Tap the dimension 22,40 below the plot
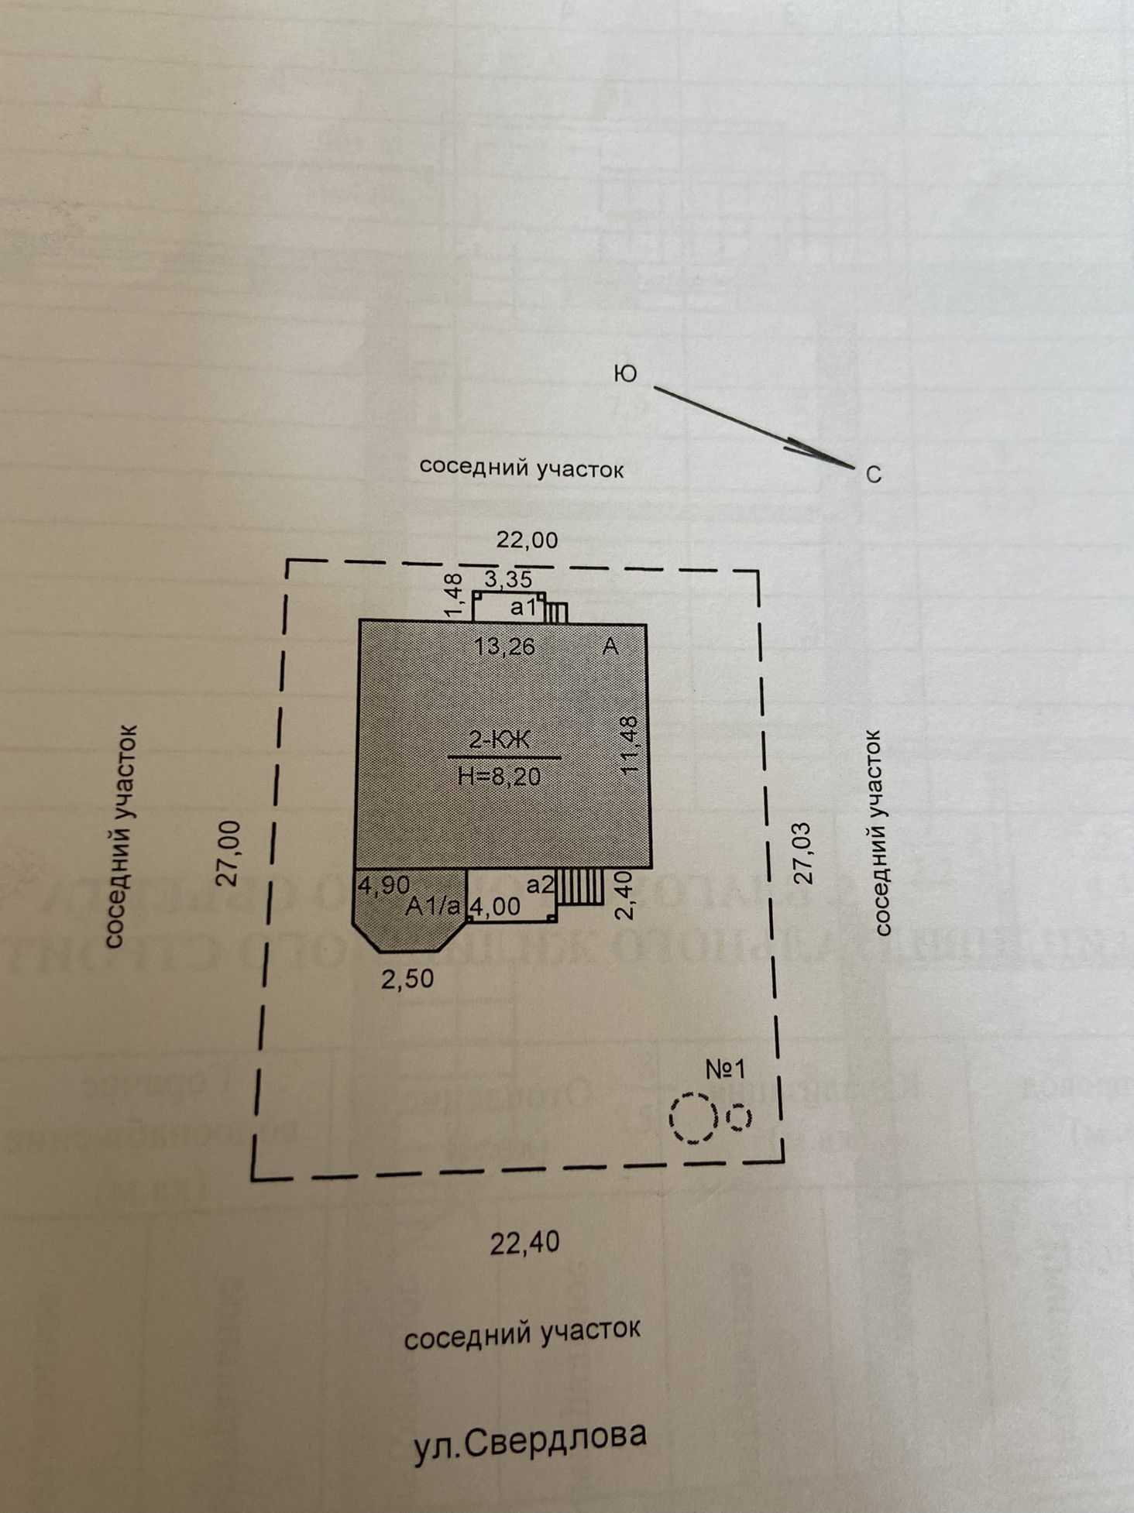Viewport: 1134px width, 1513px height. tap(524, 1243)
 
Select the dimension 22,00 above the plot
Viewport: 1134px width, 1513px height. tap(527, 540)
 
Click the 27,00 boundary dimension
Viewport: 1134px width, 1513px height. tap(229, 853)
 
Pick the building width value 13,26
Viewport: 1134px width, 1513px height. tap(504, 646)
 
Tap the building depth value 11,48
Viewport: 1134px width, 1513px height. tap(629, 745)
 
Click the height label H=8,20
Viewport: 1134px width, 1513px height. tap(500, 776)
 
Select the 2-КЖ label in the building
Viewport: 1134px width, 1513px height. tap(500, 740)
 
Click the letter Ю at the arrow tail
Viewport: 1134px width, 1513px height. tap(624, 374)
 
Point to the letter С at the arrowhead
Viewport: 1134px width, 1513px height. tap(874, 475)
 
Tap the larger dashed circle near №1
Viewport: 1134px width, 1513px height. tap(694, 1117)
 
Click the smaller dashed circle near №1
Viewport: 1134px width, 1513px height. tap(740, 1117)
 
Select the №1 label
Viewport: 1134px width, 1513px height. tap(725, 1069)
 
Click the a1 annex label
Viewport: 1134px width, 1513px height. tap(523, 608)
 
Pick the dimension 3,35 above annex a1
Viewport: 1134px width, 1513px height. tap(508, 579)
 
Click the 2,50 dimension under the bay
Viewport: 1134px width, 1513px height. tap(407, 979)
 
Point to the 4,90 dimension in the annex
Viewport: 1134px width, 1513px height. tap(383, 884)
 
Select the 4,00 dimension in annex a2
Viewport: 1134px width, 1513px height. tap(496, 905)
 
